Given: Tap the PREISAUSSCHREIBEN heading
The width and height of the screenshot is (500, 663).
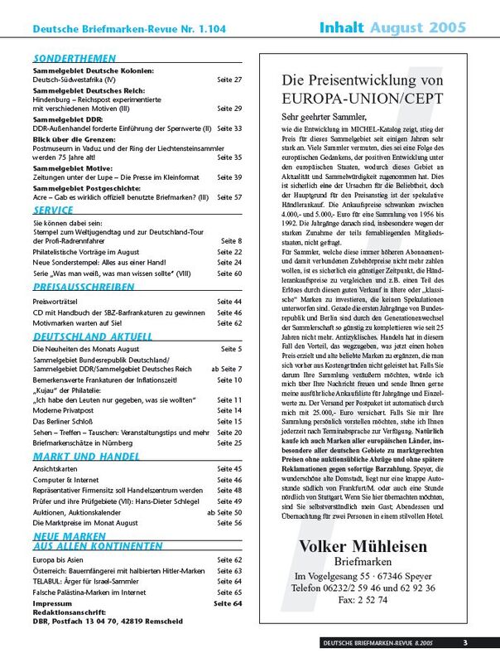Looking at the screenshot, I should point(83,287).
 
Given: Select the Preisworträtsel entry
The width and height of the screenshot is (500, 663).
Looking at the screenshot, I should point(56,301).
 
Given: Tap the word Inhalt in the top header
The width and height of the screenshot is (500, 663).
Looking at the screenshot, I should point(343,29).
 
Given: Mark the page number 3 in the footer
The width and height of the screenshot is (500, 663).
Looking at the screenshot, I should point(465,642).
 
